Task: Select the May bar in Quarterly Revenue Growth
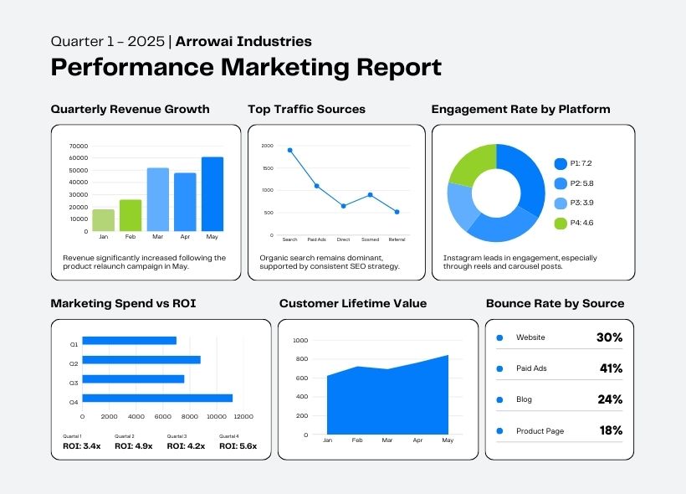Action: (x=212, y=194)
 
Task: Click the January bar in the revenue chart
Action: (x=104, y=220)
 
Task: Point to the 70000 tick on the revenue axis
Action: (x=78, y=146)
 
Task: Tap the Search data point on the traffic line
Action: (x=290, y=151)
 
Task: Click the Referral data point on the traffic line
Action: (x=397, y=212)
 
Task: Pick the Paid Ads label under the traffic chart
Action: (x=317, y=239)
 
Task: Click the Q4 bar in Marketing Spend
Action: (x=157, y=398)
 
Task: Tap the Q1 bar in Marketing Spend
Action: (x=129, y=340)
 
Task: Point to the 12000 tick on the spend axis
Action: (x=243, y=416)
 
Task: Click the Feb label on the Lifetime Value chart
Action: (x=357, y=440)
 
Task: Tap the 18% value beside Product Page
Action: (x=611, y=430)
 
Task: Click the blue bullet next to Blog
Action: (x=499, y=399)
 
